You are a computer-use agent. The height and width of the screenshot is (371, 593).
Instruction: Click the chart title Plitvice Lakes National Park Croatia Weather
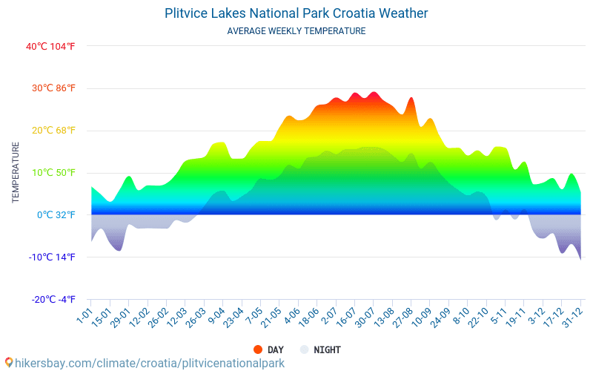coord(296,13)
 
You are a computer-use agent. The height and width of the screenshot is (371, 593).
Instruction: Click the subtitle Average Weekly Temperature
coord(296,31)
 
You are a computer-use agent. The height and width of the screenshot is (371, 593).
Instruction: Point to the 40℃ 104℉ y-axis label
coord(50,46)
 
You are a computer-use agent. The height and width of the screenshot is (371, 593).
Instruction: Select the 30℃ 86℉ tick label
coord(53,88)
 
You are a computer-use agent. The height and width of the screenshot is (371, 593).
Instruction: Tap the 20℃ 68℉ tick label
coord(53,131)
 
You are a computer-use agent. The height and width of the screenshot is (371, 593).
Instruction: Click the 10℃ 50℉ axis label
coord(53,173)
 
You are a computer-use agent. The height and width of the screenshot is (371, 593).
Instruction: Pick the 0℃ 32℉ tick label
coord(56,215)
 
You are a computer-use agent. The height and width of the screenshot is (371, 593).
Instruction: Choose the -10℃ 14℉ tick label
coord(52,257)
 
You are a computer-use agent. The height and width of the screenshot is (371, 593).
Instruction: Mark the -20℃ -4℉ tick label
coord(53,300)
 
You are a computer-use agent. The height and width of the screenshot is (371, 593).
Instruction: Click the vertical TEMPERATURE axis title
coord(16,173)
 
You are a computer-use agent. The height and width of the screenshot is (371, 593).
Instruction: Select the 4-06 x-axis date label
coord(292,318)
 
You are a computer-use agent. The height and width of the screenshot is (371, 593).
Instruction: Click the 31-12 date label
coord(572,319)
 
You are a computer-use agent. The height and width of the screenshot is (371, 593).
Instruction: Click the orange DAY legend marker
coord(258,349)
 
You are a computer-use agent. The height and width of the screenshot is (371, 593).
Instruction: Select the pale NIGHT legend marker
coord(304,349)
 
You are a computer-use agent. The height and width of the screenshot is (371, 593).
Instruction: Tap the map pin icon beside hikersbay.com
coord(9,363)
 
